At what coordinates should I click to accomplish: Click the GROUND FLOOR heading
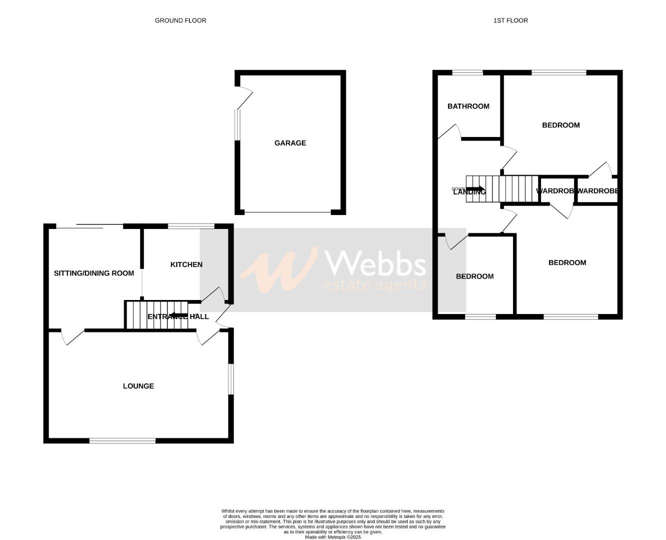click(x=180, y=20)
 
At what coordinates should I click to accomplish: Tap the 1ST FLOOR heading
click(x=510, y=20)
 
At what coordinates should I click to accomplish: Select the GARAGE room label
click(x=290, y=143)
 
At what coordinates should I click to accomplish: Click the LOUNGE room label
click(x=138, y=386)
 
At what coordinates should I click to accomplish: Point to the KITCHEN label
click(x=186, y=264)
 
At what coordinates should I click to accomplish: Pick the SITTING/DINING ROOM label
click(x=94, y=273)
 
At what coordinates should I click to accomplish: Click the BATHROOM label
click(x=468, y=106)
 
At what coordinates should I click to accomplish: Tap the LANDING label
click(x=469, y=191)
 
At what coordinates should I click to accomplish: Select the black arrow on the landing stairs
click(x=475, y=188)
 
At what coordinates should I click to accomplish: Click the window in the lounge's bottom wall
click(x=122, y=440)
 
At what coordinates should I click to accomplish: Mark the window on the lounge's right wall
click(x=230, y=379)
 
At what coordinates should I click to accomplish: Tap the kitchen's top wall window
click(x=191, y=226)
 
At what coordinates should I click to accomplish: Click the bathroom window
click(x=468, y=73)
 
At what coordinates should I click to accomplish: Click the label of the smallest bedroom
click(x=474, y=276)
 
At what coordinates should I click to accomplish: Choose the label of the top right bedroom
click(x=560, y=125)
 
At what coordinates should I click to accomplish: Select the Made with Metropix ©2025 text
click(x=332, y=537)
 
